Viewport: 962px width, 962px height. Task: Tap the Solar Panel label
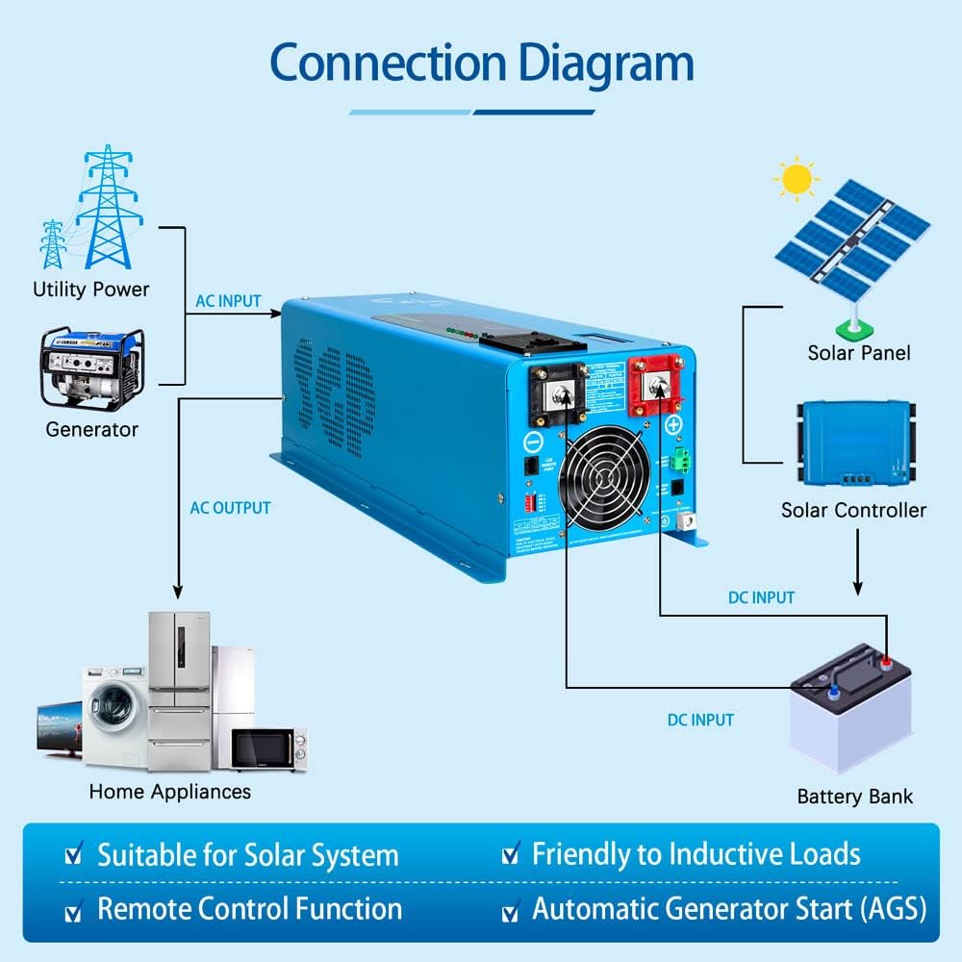(x=858, y=353)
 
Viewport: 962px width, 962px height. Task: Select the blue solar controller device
(x=852, y=443)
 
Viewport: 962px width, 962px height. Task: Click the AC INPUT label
(x=228, y=301)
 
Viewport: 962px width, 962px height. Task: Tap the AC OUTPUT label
(x=230, y=508)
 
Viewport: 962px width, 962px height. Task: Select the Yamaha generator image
(x=90, y=368)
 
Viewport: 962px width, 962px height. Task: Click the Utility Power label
(x=91, y=289)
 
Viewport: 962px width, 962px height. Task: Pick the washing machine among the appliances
(x=113, y=718)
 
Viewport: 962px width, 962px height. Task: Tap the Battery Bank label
(x=854, y=797)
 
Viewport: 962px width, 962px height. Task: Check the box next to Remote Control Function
(x=72, y=910)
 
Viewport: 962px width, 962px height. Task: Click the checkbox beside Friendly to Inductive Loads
(x=511, y=854)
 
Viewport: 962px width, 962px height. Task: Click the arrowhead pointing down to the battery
(x=857, y=589)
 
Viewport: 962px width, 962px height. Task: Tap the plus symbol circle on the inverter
(x=673, y=424)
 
